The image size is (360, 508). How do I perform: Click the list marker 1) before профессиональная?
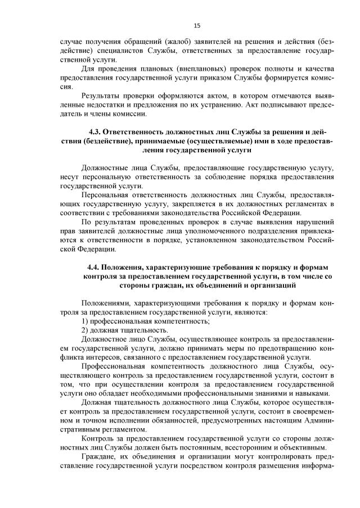tap(85, 321)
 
